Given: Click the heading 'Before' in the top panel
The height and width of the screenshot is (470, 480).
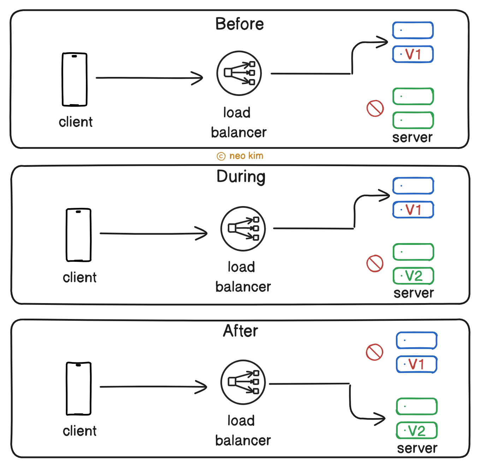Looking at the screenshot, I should (x=239, y=24).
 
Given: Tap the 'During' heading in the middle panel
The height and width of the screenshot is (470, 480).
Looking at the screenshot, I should (x=241, y=177).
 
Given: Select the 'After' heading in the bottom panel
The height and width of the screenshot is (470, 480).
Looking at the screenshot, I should (x=241, y=331).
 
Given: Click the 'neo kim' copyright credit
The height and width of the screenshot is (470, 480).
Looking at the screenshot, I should (x=241, y=156).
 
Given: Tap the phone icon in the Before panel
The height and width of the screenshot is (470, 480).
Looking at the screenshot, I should (x=75, y=79).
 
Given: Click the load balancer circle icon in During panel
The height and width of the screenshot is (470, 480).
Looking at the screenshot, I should (x=243, y=229).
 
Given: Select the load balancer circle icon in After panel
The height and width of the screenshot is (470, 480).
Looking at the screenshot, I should (x=243, y=382).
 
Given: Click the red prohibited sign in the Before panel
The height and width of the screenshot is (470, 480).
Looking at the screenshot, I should (x=375, y=108).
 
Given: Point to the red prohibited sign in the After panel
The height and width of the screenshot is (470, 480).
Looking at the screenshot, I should (x=374, y=352).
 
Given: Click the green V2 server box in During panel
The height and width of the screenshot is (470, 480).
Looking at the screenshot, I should (x=413, y=276).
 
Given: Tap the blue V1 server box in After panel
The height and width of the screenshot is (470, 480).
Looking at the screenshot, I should (x=416, y=364).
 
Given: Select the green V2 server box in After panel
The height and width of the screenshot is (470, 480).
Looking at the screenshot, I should (x=417, y=431).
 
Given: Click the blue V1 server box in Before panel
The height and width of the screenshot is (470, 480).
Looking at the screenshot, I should (x=413, y=54).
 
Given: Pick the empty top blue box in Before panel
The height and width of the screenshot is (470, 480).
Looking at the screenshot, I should (x=413, y=30).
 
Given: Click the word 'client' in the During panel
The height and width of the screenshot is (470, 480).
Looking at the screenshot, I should (x=79, y=278).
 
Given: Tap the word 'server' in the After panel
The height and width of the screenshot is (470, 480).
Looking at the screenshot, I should (x=417, y=448).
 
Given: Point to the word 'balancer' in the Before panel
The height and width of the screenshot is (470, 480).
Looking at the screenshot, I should (x=239, y=133).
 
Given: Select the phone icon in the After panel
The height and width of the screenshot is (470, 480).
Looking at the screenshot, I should (x=78, y=388).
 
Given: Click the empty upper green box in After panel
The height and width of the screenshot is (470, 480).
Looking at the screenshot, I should (x=417, y=406).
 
